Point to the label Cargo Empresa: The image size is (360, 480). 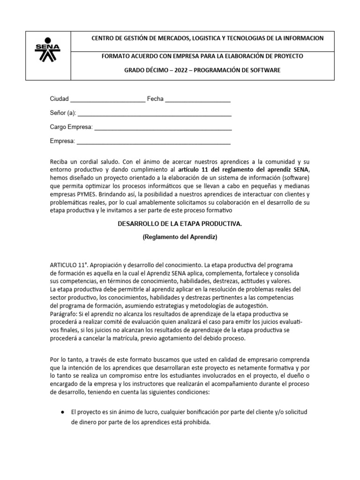point(71,127)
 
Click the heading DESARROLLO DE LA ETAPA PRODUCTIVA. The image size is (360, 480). point(180,225)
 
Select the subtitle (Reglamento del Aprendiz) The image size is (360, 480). point(180,238)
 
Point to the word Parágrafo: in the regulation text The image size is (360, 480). point(64,313)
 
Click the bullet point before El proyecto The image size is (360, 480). point(63,412)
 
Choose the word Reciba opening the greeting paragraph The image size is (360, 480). point(60,160)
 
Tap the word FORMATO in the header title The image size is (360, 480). point(115,56)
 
